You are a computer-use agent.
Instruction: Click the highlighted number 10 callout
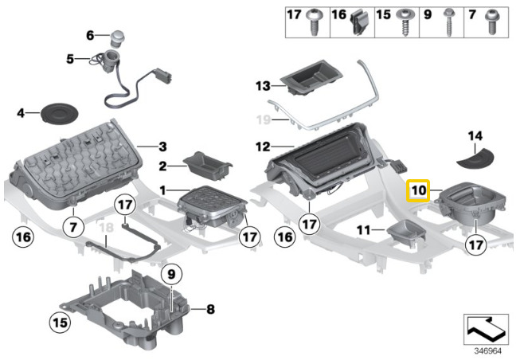pos(419,192)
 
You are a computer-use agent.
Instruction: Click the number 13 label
pos(264,85)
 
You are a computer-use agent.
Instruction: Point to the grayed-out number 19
pos(263,119)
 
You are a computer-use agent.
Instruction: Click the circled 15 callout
pos(59,323)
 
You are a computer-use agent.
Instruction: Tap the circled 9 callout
pos(170,275)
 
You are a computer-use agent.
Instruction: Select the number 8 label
pos(210,308)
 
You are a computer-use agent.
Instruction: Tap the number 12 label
pos(264,147)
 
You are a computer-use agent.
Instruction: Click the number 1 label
pos(163,191)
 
